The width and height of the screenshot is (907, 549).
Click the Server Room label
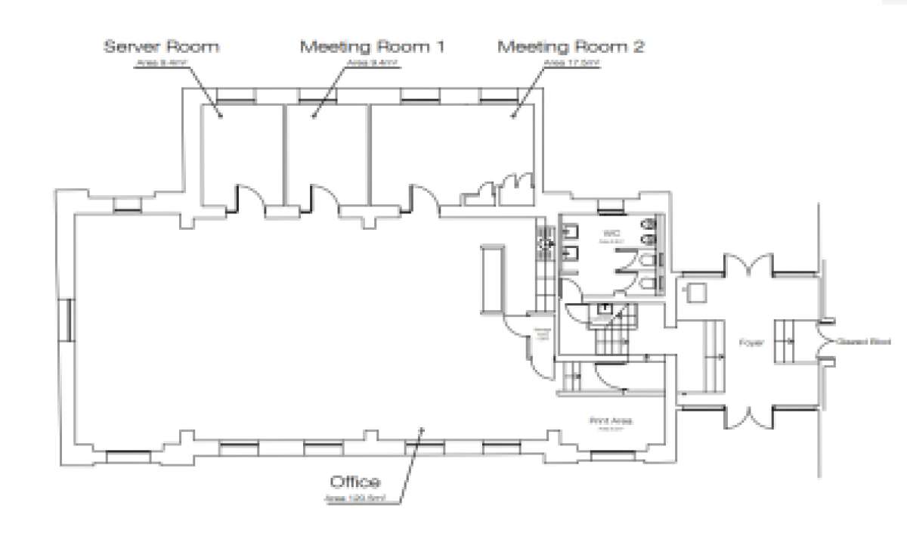tap(161, 47)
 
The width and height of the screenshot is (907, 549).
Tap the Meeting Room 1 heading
tap(372, 47)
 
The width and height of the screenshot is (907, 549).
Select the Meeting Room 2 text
tap(571, 47)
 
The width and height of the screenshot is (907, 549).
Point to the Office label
tap(354, 482)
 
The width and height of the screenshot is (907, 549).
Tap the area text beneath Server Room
tap(161, 64)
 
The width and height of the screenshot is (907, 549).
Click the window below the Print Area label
tap(613, 455)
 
